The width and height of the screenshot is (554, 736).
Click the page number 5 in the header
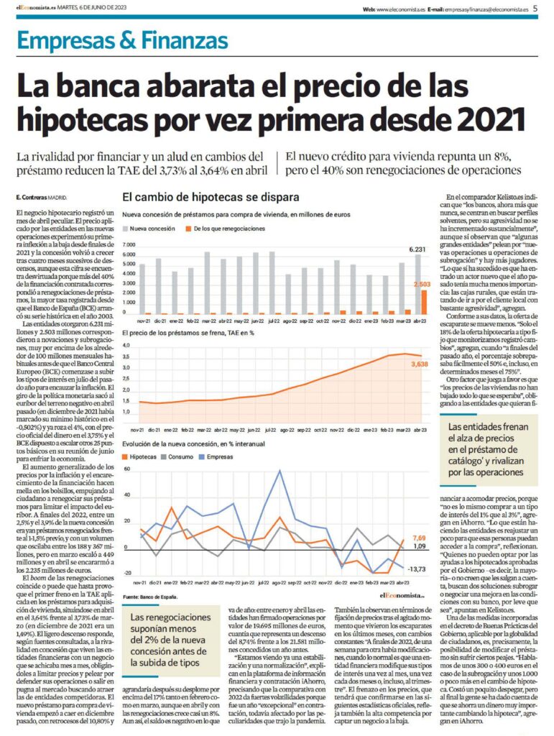coord(535,9)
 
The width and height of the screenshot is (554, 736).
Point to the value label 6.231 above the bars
coord(418,249)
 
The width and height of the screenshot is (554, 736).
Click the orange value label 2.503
coord(422,285)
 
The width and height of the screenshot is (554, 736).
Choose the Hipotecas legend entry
coord(144,456)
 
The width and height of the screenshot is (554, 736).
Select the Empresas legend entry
coord(223,456)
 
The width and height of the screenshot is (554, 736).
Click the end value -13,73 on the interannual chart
coord(417,569)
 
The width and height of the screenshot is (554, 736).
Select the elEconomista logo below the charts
coord(400,595)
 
